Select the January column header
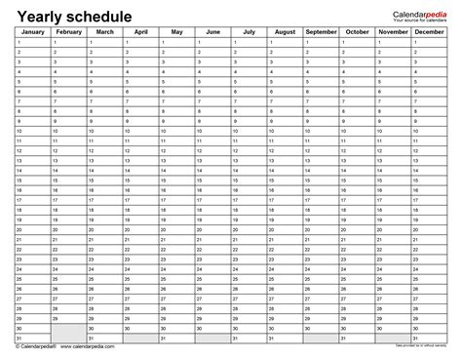(x=32, y=33)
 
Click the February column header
(x=68, y=33)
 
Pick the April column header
(x=140, y=33)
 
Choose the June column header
(x=212, y=33)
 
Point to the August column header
(x=285, y=33)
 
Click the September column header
(x=322, y=33)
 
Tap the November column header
(x=394, y=33)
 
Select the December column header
(x=430, y=33)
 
